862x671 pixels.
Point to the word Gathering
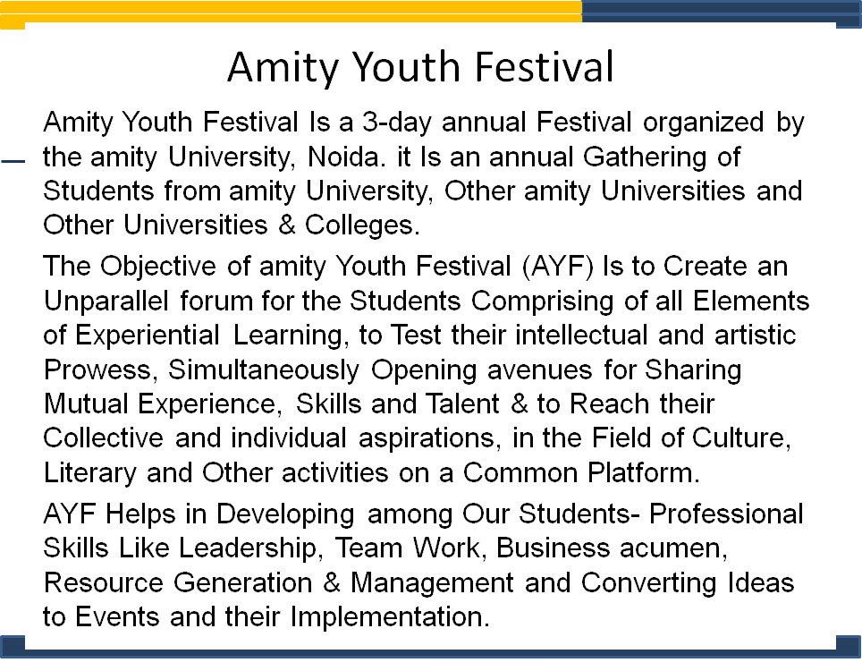(644, 157)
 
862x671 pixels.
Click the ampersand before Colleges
(287, 225)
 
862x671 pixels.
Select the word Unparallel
(106, 302)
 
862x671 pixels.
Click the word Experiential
(148, 335)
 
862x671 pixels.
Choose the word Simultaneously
(264, 370)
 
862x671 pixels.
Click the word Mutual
(87, 403)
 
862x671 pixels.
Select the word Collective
(104, 437)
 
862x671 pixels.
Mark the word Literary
(90, 473)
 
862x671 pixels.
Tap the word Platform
(644, 472)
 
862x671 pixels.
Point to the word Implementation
(390, 617)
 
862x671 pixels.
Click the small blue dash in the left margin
(13, 161)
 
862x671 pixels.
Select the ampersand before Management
(332, 582)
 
